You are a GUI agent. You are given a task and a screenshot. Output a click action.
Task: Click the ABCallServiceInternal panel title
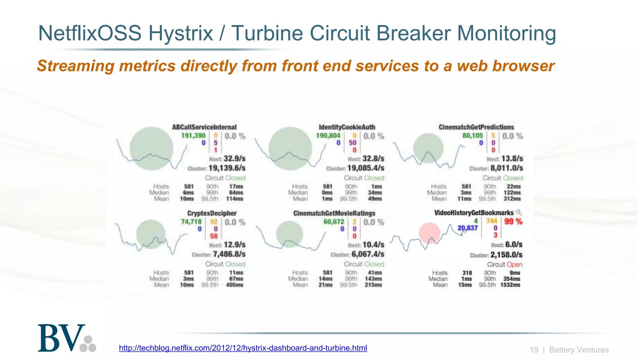coord(204,127)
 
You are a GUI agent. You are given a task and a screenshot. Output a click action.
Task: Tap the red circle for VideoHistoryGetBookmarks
coord(429,233)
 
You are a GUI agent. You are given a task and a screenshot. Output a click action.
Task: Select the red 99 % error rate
coord(513,222)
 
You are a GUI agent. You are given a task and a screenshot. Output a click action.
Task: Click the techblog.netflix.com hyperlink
coord(243,348)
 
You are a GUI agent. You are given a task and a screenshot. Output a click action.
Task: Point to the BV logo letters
coord(62,338)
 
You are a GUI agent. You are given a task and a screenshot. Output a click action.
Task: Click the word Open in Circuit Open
coord(514,265)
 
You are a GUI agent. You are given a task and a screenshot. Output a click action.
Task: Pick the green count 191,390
coord(193,136)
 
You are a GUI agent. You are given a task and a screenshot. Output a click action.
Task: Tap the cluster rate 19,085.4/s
coord(366,168)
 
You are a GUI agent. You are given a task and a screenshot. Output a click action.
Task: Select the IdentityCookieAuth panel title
coord(347,127)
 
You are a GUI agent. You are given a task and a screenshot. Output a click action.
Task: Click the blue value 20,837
coord(467,228)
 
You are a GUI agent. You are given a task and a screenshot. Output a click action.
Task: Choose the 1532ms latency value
coord(510,285)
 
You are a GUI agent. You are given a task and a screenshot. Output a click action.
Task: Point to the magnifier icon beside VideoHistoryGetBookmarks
coord(518,212)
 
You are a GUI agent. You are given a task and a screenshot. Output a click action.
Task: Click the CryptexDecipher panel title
coord(212,213)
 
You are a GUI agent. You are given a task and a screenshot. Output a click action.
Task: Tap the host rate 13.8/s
coord(512,159)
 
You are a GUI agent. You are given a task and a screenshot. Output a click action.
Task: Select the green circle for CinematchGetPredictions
coord(428,148)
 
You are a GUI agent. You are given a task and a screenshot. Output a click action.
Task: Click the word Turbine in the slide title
coord(267,33)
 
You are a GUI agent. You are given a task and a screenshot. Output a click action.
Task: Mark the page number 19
coord(534,350)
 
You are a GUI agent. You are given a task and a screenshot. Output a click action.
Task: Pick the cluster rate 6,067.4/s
coord(368,254)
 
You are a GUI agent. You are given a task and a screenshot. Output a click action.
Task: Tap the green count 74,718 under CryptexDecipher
coord(191,222)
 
